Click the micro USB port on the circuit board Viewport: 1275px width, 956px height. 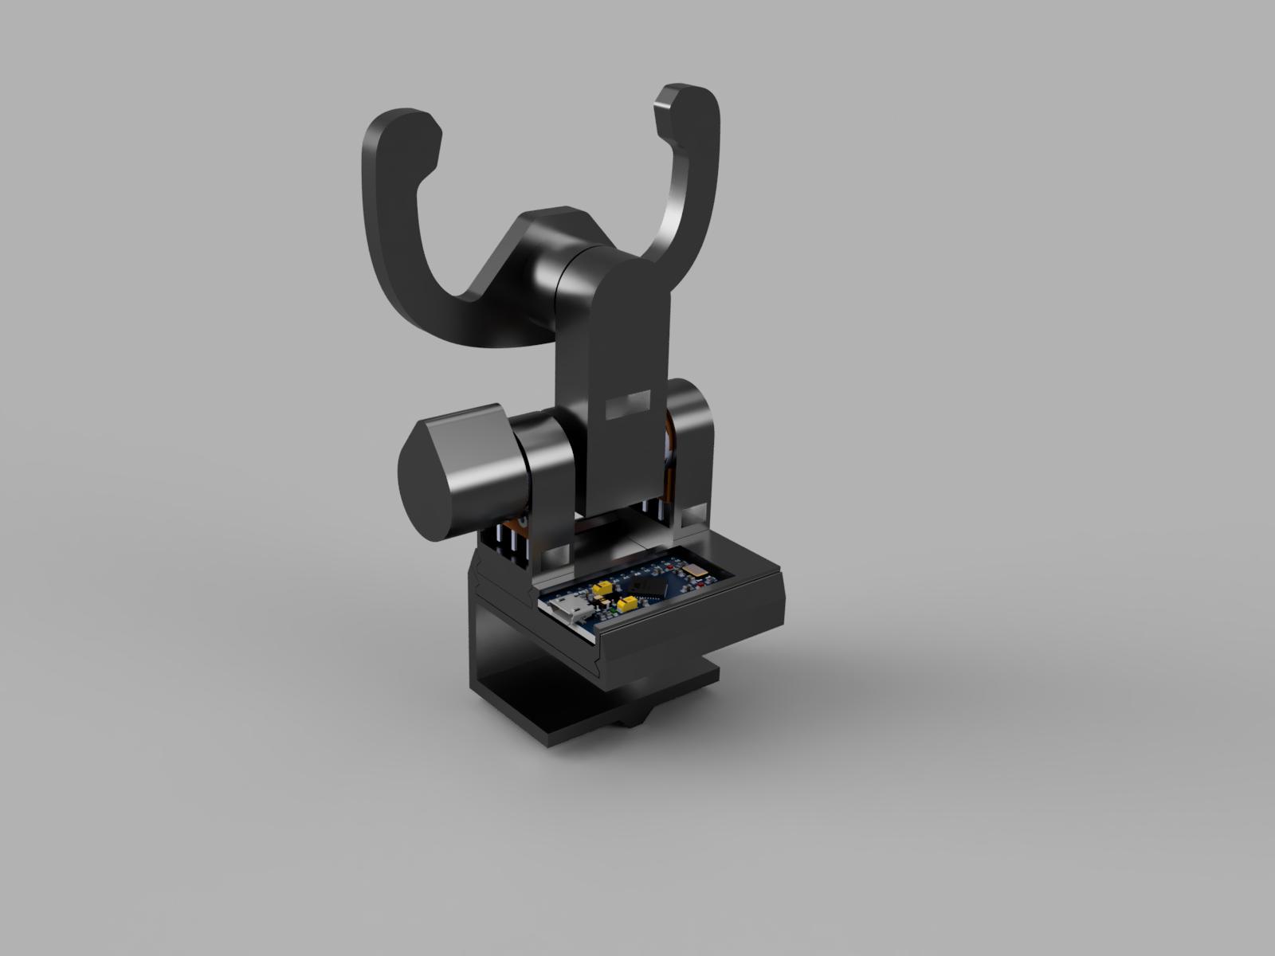pyautogui.click(x=571, y=610)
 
